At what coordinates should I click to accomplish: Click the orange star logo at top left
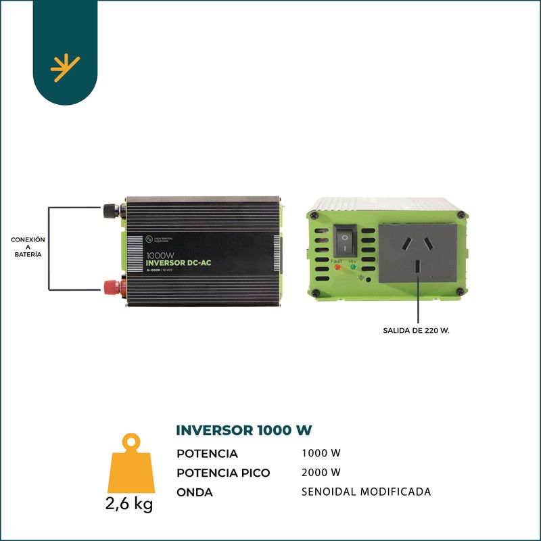coord(65,68)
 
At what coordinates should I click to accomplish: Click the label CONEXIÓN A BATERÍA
coord(28,247)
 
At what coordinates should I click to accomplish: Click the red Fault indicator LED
coord(337,267)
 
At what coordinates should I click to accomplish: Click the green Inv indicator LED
coord(352,267)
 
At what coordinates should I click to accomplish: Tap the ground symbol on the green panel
coord(361,277)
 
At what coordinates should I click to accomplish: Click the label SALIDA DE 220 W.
coord(416,331)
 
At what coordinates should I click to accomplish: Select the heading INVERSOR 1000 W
coord(243,430)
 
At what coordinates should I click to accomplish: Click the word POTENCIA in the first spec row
coord(207,454)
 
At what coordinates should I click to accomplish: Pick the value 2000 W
coord(321,472)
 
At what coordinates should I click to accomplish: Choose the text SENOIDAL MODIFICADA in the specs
coord(366,492)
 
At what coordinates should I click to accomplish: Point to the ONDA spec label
coord(195,492)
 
